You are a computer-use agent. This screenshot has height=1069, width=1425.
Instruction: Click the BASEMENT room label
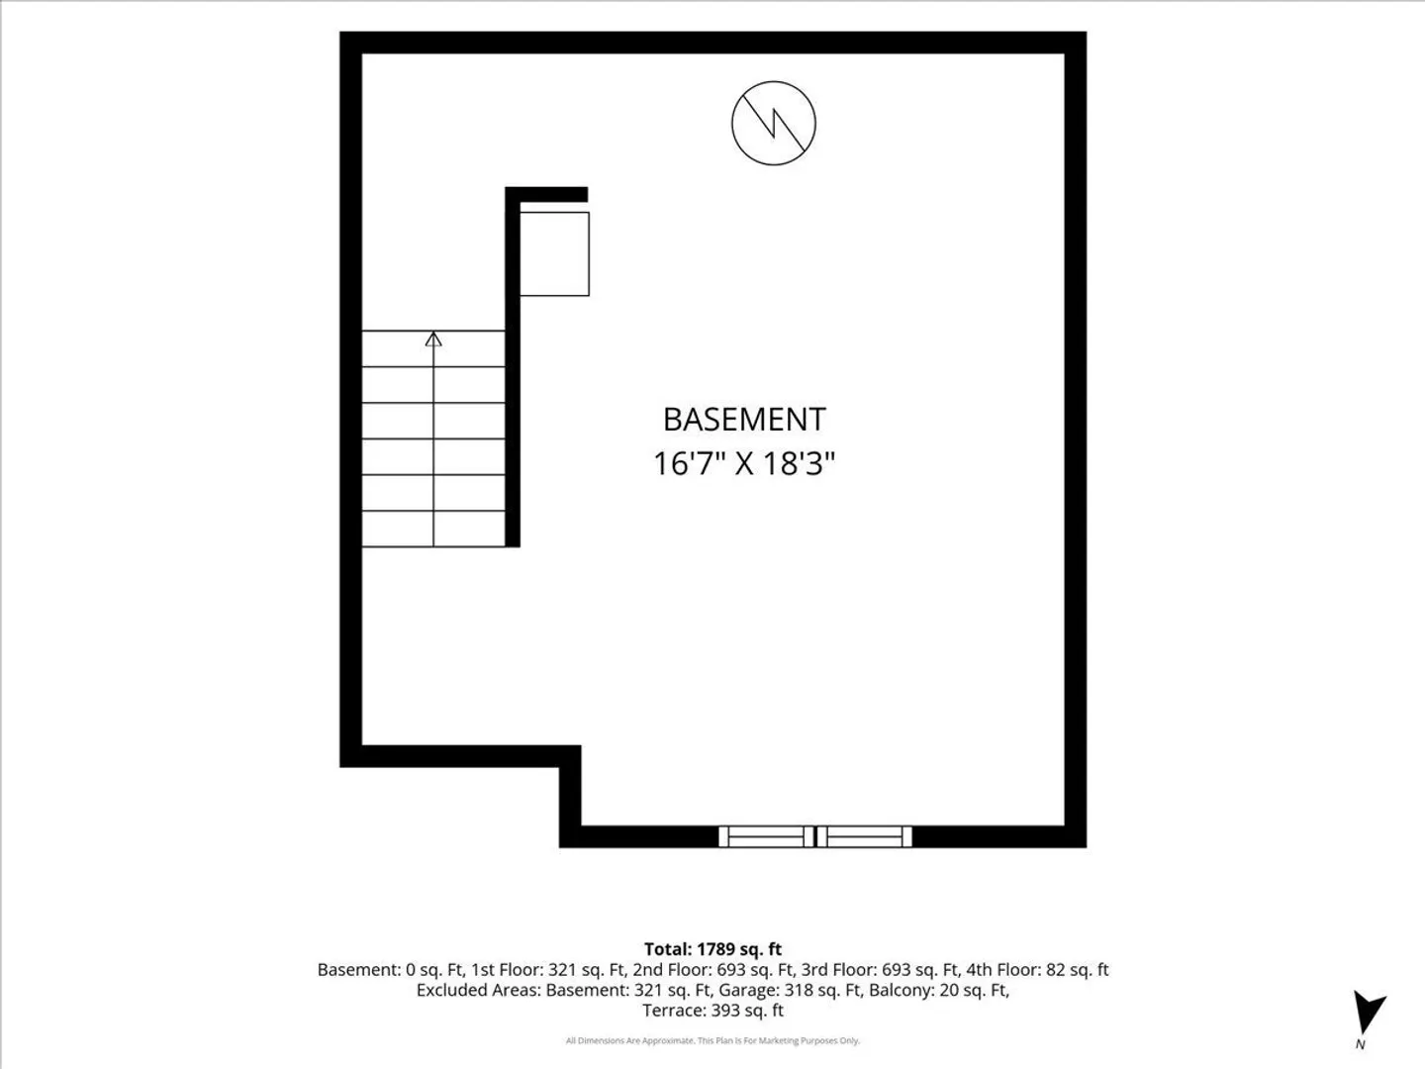pyautogui.click(x=744, y=420)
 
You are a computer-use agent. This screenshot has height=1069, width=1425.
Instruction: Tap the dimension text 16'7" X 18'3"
pyautogui.click(x=744, y=464)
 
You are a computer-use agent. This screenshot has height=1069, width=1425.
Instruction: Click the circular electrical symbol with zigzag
pyautogui.click(x=773, y=124)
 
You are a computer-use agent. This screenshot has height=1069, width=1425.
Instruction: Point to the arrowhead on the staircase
pyautogui.click(x=433, y=339)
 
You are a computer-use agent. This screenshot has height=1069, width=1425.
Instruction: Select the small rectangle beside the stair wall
pyautogui.click(x=554, y=253)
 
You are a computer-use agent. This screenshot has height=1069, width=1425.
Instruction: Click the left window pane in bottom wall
pyautogui.click(x=766, y=836)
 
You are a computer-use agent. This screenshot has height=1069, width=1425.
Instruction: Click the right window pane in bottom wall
pyautogui.click(x=864, y=836)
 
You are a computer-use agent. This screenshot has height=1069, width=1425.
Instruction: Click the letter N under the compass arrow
pyautogui.click(x=1360, y=1044)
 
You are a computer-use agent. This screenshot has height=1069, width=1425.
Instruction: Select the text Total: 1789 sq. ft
pyautogui.click(x=712, y=949)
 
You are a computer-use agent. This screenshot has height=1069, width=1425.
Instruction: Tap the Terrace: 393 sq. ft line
pyautogui.click(x=712, y=1010)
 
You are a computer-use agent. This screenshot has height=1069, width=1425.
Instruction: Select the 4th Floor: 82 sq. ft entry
pyautogui.click(x=1037, y=970)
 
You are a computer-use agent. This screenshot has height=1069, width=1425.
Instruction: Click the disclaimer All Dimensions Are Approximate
pyautogui.click(x=629, y=1040)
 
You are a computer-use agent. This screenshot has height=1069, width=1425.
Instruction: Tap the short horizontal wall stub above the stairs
pyautogui.click(x=546, y=194)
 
